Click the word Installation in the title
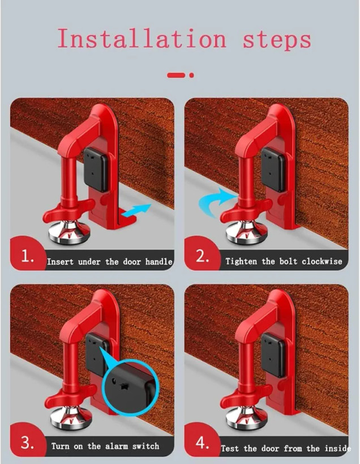(142, 38)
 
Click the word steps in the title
(277, 40)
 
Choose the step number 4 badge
(203, 441)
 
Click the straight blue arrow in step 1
(136, 210)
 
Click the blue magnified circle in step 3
(130, 383)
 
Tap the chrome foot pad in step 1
(69, 231)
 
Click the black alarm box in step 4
(273, 354)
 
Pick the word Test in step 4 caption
(230, 448)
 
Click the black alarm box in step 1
(96, 170)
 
